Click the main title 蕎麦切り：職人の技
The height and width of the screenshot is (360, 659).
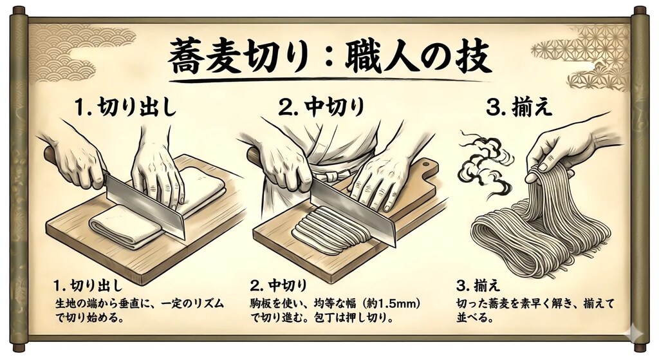point(329,59)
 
